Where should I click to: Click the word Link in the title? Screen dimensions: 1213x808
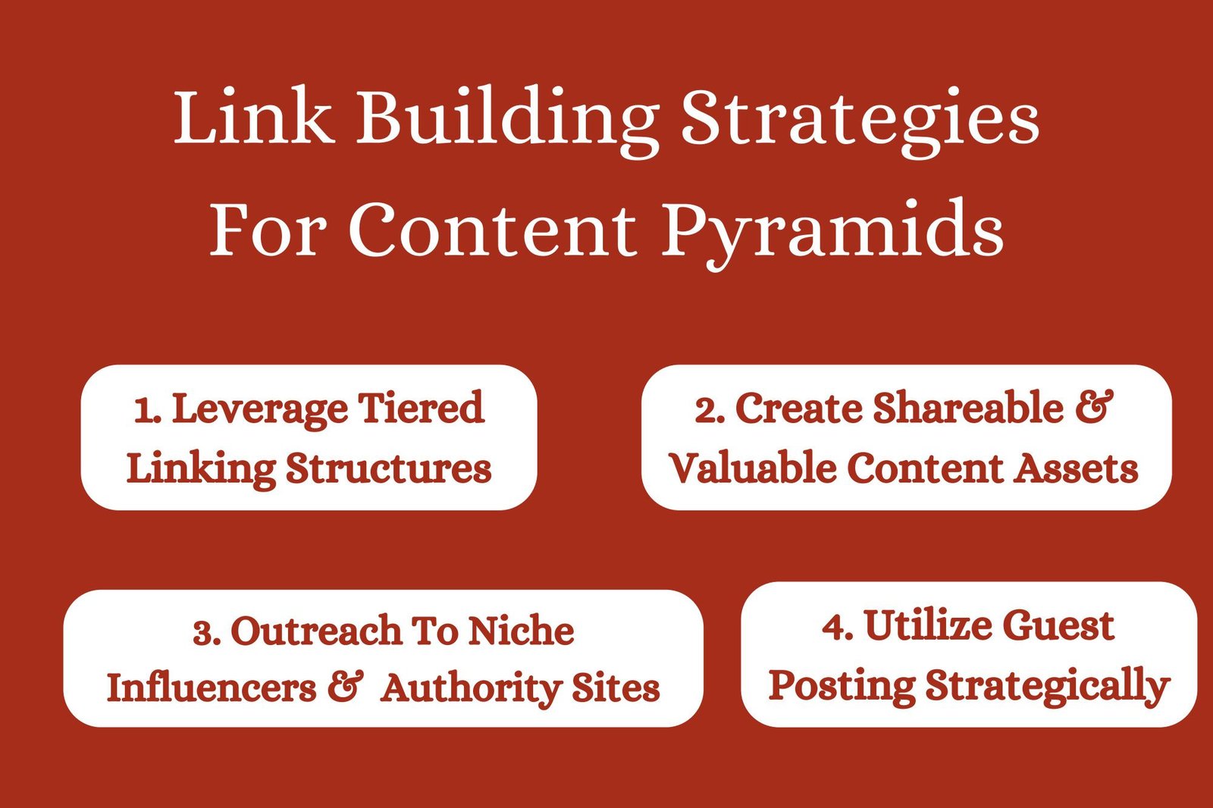[253, 116]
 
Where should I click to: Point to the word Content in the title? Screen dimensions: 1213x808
[492, 229]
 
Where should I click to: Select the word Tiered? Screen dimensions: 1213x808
[421, 407]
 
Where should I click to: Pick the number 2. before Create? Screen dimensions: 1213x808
[710, 410]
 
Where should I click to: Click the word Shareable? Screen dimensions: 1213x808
[968, 407]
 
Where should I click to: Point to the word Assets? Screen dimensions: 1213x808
[1076, 468]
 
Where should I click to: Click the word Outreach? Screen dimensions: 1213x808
[316, 631]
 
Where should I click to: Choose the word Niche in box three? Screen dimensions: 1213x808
[521, 630]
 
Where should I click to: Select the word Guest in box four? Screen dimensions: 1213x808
[1058, 625]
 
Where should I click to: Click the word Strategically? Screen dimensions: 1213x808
[1047, 686]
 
